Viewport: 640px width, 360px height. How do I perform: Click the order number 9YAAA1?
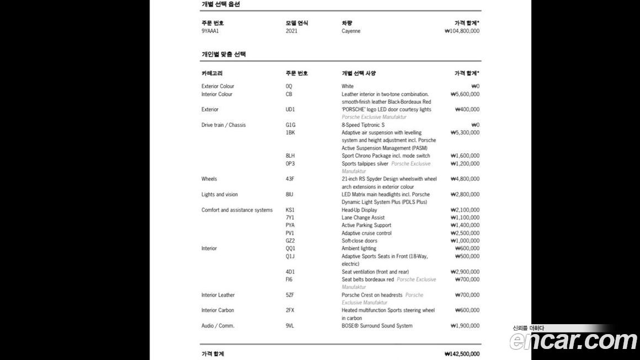click(x=210, y=31)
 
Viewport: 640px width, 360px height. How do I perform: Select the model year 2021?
click(x=291, y=31)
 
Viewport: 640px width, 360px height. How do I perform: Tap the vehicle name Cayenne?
click(x=351, y=31)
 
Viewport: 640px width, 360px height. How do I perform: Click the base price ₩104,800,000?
click(x=462, y=31)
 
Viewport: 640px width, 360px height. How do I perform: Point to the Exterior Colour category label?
click(x=217, y=87)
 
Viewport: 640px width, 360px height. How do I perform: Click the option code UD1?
click(x=290, y=110)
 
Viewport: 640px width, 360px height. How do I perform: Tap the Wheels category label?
click(x=209, y=179)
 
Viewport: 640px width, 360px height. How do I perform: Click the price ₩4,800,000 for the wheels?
click(x=465, y=179)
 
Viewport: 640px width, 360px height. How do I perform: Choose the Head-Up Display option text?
click(x=359, y=210)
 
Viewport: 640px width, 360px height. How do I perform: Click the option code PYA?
click(x=291, y=225)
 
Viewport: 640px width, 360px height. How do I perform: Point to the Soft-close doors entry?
click(x=359, y=241)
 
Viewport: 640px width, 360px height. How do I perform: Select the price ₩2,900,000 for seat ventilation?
click(x=465, y=272)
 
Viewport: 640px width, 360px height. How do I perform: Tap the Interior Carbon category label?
click(x=217, y=310)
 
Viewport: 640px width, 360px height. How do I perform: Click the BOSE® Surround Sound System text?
click(x=377, y=326)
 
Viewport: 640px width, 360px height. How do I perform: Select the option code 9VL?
click(x=290, y=326)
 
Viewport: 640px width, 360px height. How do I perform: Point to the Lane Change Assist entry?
click(x=363, y=218)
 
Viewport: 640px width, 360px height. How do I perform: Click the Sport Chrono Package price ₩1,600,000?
click(x=465, y=156)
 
